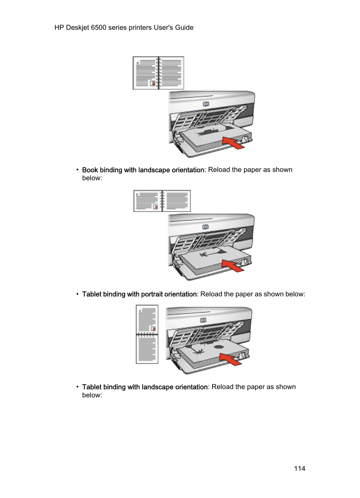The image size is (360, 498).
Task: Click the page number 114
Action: pos(299,468)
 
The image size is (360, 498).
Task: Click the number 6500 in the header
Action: pos(98,28)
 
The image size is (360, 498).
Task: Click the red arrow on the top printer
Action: pos(234,143)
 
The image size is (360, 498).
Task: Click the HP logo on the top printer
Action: pos(206,104)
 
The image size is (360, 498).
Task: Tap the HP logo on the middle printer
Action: pos(205,227)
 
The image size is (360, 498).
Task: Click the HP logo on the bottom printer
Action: pos(203,320)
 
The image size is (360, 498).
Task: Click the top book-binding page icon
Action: pos(158,73)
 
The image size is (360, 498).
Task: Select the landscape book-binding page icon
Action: pos(162,201)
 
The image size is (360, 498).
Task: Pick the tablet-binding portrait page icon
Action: pos(147,334)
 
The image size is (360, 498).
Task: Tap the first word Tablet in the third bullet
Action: pos(92,387)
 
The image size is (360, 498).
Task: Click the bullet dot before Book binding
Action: pos(77,170)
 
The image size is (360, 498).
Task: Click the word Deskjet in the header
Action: pos(77,28)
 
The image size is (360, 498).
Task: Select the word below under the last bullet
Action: pos(92,395)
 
